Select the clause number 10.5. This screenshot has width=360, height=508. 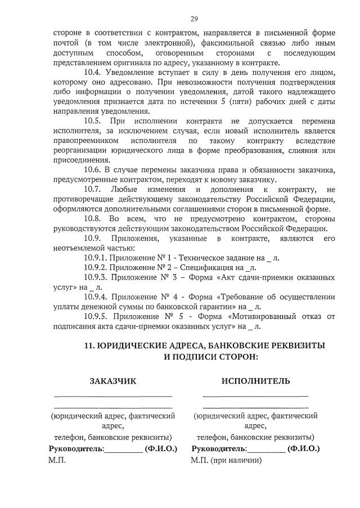(x=92, y=121)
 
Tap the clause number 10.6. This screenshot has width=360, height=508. (x=92, y=170)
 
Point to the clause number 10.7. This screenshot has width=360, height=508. (x=92, y=190)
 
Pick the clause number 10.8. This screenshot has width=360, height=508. (x=92, y=219)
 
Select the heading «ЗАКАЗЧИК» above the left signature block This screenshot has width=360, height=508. (x=113, y=381)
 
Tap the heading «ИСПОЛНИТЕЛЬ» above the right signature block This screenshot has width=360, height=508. (x=256, y=381)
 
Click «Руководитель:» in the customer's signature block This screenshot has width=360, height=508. (x=76, y=449)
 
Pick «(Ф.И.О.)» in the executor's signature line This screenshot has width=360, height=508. (x=303, y=449)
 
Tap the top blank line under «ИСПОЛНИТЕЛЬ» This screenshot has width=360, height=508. (x=255, y=396)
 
